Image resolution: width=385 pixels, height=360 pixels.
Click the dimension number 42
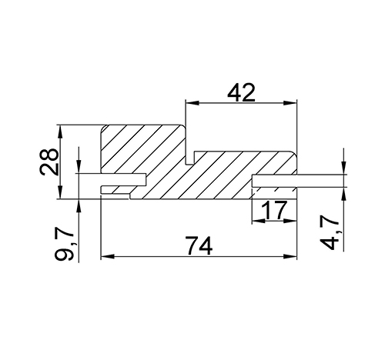tap(241, 92)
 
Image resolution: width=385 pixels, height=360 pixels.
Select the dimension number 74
tap(199, 246)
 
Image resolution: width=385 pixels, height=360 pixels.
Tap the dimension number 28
tap(49, 162)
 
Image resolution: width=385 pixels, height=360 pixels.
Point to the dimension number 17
tap(273, 210)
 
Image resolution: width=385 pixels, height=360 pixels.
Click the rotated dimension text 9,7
tap(64, 245)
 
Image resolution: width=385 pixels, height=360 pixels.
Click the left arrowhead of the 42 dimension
tap(192, 103)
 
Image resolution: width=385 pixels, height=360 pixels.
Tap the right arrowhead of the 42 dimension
tap(290, 103)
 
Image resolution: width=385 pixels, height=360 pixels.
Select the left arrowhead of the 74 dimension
tap(108, 256)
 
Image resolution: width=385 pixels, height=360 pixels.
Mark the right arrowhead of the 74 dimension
tap(290, 256)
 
